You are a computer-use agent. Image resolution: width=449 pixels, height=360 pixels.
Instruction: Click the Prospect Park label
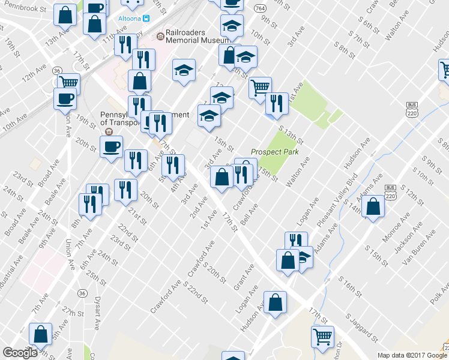tap(270, 152)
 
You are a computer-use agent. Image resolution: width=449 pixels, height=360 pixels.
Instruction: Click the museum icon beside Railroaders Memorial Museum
tap(160, 36)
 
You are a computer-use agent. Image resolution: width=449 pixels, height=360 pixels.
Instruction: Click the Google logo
tap(20, 353)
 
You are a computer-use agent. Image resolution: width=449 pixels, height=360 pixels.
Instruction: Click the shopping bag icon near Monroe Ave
tap(373, 206)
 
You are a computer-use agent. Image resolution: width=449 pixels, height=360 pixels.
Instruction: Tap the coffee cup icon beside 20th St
tap(111, 146)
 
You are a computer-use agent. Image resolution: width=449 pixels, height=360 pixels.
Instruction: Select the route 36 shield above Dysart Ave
tap(82, 292)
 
